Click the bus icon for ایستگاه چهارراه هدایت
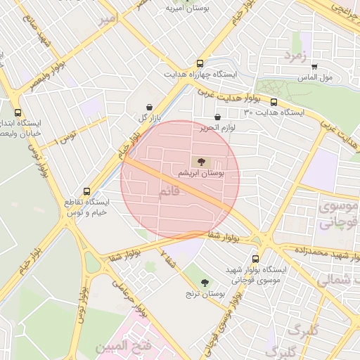pos(201,62)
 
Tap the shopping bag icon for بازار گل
pos(149,107)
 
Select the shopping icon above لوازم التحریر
pos(217,117)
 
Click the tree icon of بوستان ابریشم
pos(202,161)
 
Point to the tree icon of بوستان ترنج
pos(205,283)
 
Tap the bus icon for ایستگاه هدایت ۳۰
pos(274,102)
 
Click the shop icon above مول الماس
pos(314,67)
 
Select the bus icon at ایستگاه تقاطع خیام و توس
pos(87,191)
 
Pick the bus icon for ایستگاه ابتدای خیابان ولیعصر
pos(18,112)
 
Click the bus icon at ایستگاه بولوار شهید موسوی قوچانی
pos(255,259)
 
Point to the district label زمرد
pos(296,54)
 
